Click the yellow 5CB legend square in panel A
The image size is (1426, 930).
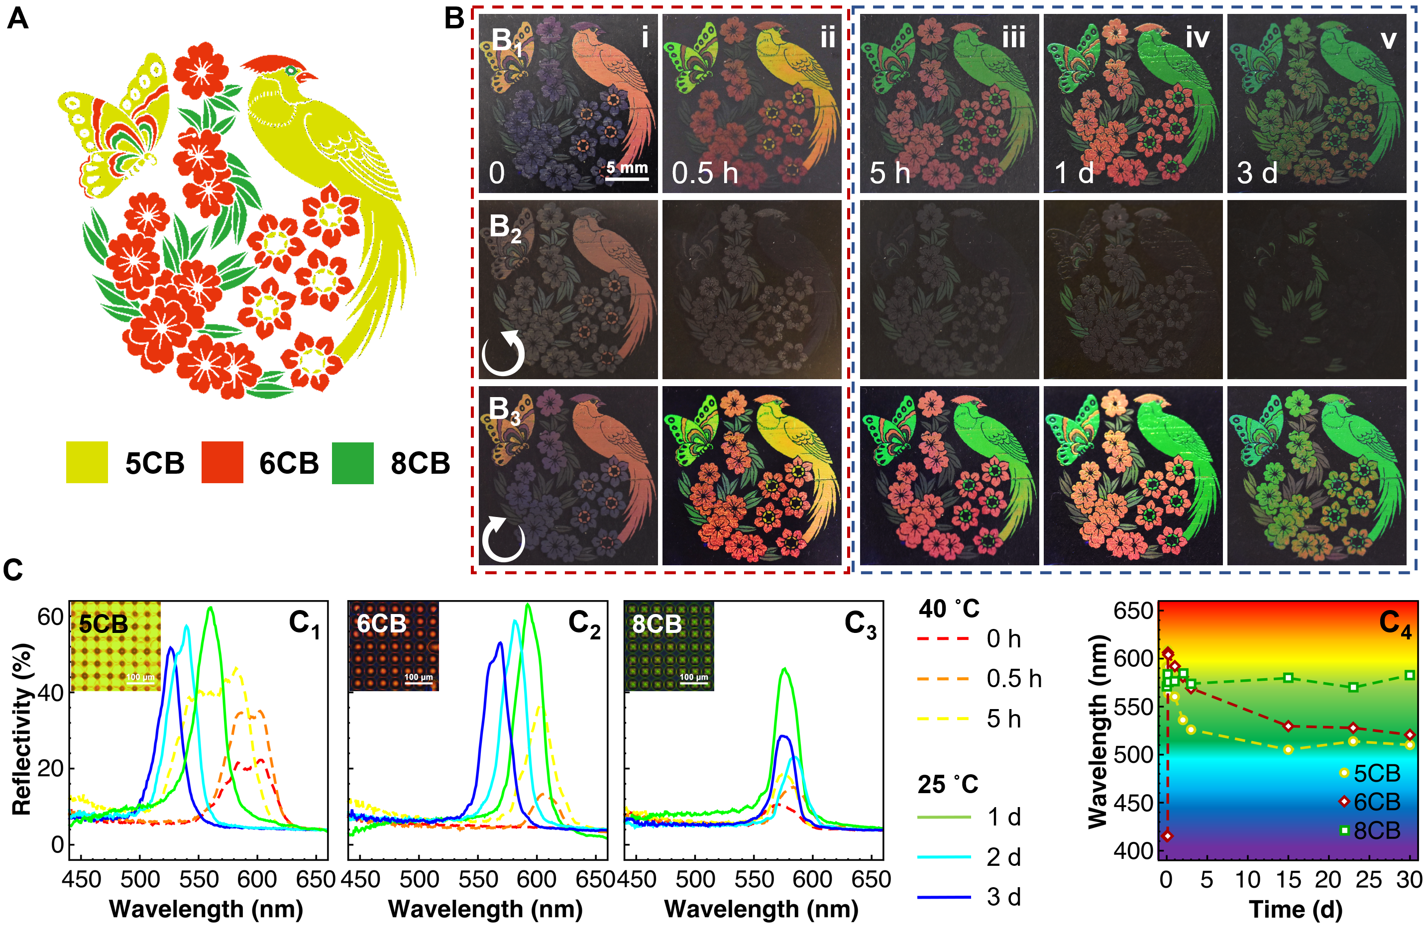pos(87,462)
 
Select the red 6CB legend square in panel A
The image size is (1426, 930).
pos(222,462)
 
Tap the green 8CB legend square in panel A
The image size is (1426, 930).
pos(352,462)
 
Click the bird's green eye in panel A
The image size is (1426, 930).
pos(291,71)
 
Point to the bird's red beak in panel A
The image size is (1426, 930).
pos(309,77)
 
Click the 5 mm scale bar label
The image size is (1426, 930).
pos(627,167)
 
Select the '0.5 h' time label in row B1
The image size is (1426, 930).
pos(705,173)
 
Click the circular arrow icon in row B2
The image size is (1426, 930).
pos(503,353)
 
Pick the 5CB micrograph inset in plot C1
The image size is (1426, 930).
pos(115,646)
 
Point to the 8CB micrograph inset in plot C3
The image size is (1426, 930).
pos(669,646)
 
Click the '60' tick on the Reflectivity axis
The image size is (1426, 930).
pos(50,618)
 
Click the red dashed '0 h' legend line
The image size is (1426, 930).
pos(943,639)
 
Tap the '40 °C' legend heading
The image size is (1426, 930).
pos(949,609)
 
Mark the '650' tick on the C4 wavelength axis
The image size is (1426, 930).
pos(1133,612)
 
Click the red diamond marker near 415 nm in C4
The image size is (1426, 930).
pos(1167,836)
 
